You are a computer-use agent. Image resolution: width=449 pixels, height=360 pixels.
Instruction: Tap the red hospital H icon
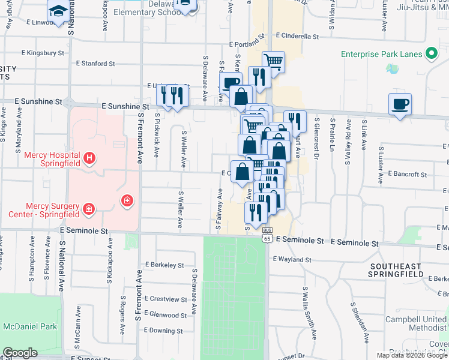coord(89,158)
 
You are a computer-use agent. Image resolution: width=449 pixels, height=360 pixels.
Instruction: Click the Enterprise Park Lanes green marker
coord(431,55)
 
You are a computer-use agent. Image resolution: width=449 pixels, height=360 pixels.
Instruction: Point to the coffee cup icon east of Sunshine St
coord(400,104)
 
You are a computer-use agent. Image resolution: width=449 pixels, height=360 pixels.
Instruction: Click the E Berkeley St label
coord(164,264)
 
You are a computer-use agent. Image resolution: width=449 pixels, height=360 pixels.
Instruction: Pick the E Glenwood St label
coord(166,314)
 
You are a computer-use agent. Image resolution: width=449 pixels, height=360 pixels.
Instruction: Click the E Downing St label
coord(164,331)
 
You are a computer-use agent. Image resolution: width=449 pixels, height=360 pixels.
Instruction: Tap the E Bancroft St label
coord(408,175)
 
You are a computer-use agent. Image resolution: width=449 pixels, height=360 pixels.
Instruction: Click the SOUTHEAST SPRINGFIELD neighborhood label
coord(401,271)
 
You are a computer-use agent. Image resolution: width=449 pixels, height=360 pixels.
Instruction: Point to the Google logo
coord(20,353)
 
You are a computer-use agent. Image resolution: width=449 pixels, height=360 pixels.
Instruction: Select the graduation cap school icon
coord(58,11)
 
